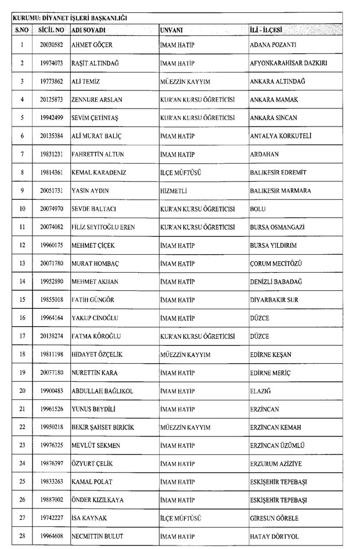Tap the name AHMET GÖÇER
coord(91,45)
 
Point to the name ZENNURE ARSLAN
coord(96,99)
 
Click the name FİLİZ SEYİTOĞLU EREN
coord(103,227)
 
